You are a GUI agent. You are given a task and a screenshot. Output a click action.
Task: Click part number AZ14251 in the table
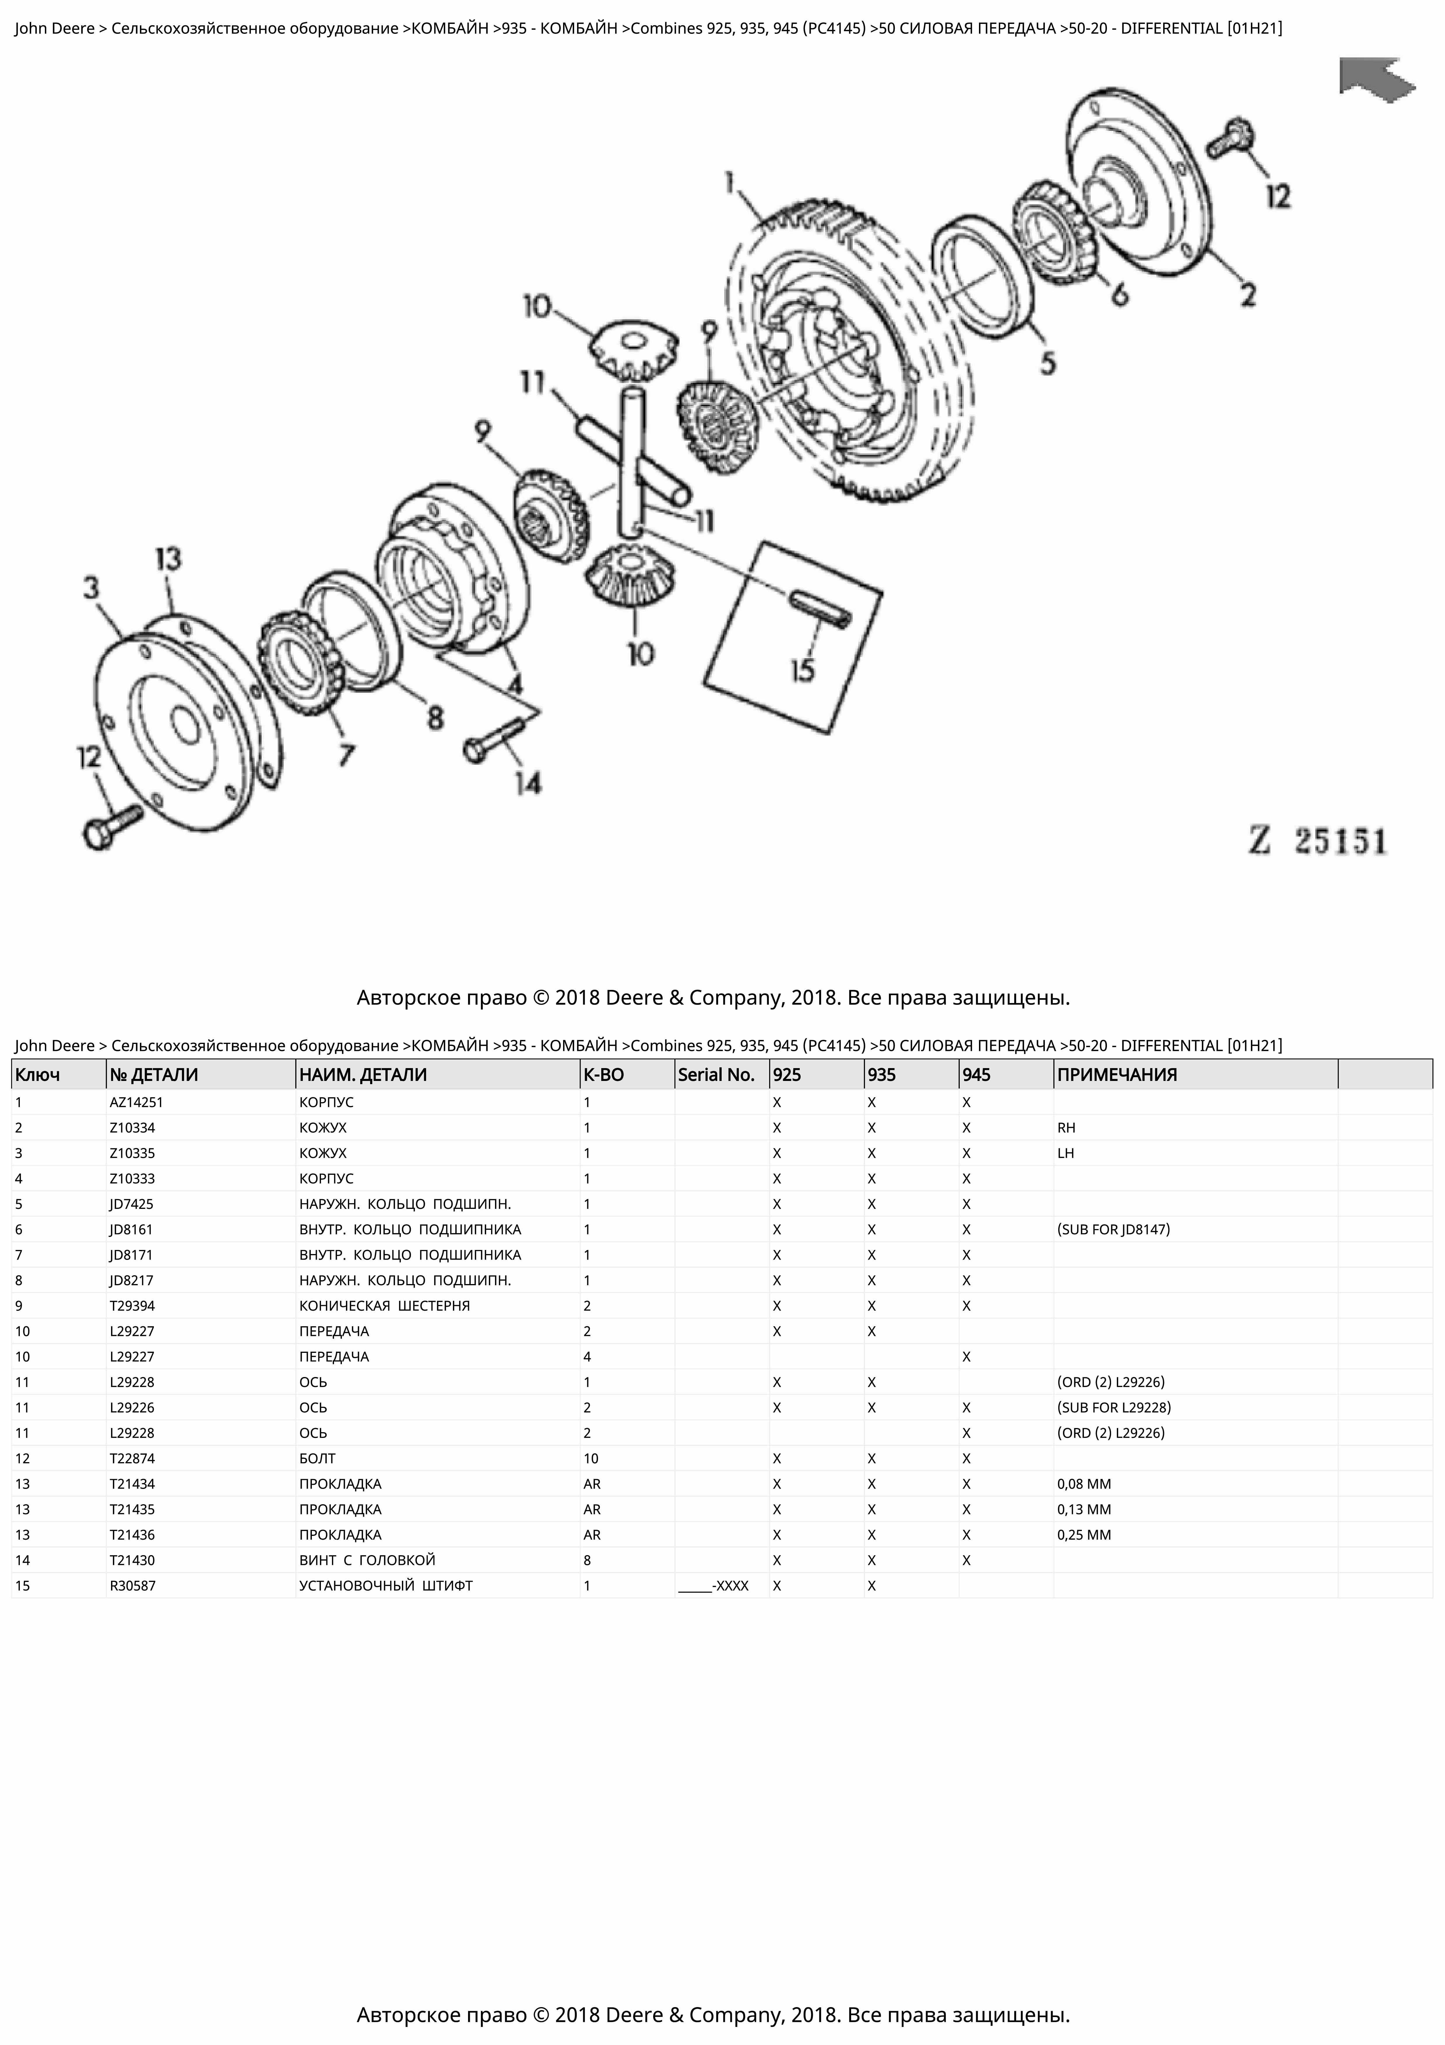136,1102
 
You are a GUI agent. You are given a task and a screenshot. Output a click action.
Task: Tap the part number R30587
133,1585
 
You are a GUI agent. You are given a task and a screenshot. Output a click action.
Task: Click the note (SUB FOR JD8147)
1113,1229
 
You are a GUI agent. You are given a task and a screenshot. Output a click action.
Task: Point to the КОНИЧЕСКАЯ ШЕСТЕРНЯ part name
384,1306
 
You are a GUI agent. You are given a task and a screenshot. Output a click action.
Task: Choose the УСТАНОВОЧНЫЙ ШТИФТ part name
386,1585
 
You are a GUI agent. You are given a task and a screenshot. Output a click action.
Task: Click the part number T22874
133,1458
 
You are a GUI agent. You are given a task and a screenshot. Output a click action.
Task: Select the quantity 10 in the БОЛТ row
591,1458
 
